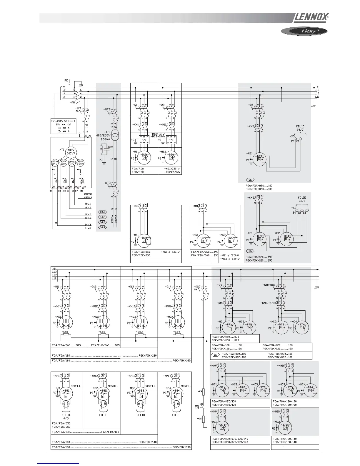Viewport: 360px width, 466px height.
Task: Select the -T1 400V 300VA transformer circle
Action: tap(71, 152)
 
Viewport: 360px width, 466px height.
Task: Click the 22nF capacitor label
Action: tap(110, 147)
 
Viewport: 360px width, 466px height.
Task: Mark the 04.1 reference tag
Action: tap(102, 212)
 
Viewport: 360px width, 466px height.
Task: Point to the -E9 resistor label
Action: tap(200, 391)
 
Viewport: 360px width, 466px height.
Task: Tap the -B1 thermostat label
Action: tap(201, 404)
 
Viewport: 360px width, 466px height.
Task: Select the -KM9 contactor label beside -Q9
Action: tap(220, 303)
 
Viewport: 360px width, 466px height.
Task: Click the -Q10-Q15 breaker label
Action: tap(270, 285)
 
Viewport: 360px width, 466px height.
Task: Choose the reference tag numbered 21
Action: tap(215, 355)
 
